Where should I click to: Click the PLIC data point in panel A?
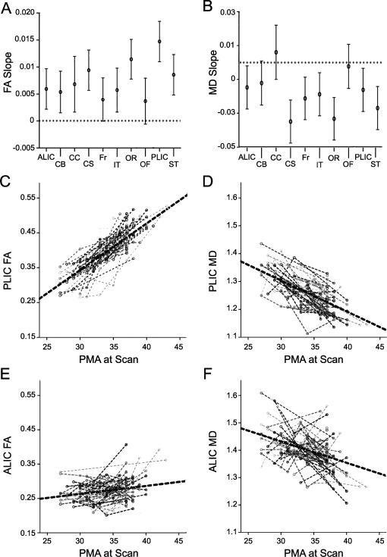pyautogui.click(x=159, y=42)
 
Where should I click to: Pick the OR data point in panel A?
pyautogui.click(x=131, y=59)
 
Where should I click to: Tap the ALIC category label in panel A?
pyautogui.click(x=46, y=155)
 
